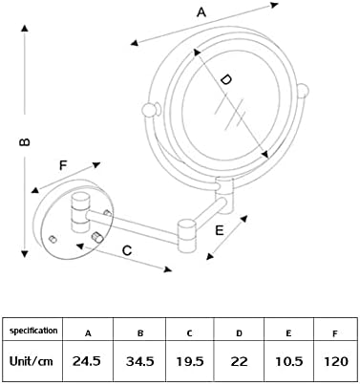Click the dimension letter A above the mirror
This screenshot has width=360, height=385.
click(201, 12)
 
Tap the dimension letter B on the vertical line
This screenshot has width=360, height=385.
click(25, 142)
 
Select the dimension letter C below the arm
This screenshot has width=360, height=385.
click(127, 250)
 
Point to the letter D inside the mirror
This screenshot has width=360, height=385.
click(226, 79)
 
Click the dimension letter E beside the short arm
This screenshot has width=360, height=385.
click(220, 230)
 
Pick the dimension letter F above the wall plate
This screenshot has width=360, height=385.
click(63, 165)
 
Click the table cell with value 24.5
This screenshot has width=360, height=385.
click(87, 361)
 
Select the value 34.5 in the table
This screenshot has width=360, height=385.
click(140, 361)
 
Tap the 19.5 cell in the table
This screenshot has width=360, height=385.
click(190, 361)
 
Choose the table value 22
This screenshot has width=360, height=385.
click(239, 361)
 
